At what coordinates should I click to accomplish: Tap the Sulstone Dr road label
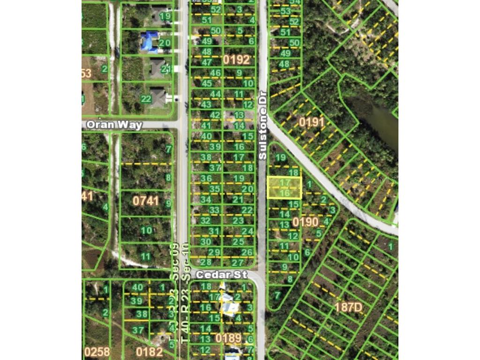pyautogui.click(x=262, y=125)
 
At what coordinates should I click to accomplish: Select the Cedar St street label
pyautogui.click(x=221, y=275)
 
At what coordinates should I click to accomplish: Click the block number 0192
pyautogui.click(x=236, y=60)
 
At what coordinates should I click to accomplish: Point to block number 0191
pyautogui.click(x=312, y=122)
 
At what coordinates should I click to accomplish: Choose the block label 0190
pyautogui.click(x=305, y=222)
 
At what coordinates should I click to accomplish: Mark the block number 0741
pyautogui.click(x=146, y=201)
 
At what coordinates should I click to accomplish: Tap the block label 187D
pyautogui.click(x=348, y=307)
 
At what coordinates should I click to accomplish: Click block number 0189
pyautogui.click(x=228, y=338)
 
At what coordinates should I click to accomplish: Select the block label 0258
pyautogui.click(x=97, y=352)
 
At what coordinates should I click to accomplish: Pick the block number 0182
pyautogui.click(x=150, y=352)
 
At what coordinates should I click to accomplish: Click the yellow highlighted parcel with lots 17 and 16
pyautogui.click(x=284, y=187)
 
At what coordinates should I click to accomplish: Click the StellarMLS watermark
pyautogui.click(x=375, y=180)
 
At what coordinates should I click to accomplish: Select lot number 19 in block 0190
pyautogui.click(x=280, y=157)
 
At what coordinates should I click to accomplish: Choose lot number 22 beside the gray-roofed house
pyautogui.click(x=146, y=99)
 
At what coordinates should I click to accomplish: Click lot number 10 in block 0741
pyautogui.click(x=146, y=230)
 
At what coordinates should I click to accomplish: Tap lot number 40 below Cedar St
pyautogui.click(x=137, y=287)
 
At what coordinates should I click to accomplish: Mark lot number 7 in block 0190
pyautogui.click(x=277, y=295)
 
